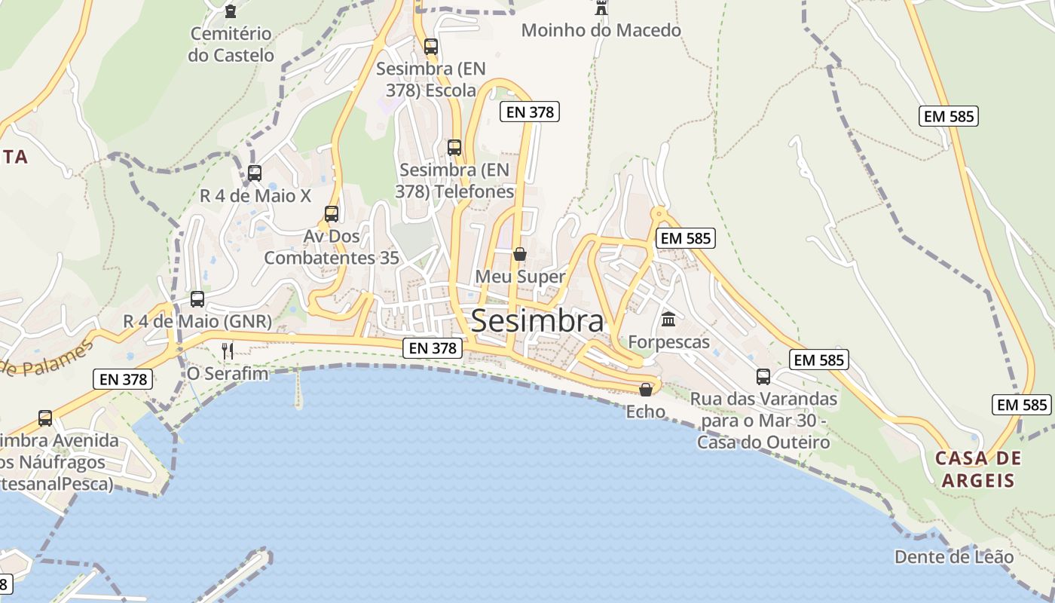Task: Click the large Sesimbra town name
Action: [x=537, y=322]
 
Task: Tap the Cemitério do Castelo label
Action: [x=231, y=44]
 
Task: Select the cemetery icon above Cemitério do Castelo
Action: [x=231, y=11]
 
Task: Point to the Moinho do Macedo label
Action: [x=601, y=31]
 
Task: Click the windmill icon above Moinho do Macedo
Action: [x=601, y=8]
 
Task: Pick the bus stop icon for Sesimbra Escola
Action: [x=431, y=47]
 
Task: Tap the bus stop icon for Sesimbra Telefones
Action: [x=454, y=148]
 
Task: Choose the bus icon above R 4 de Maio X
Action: [x=255, y=173]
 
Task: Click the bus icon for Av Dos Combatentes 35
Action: [x=332, y=214]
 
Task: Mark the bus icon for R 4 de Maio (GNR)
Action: [x=197, y=299]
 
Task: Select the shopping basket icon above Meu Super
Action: [x=520, y=254]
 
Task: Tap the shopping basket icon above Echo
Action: [x=646, y=390]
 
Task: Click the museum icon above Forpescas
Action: [x=668, y=320]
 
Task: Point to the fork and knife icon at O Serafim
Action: [x=228, y=350]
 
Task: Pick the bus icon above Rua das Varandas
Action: [x=763, y=377]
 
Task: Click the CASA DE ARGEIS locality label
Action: [x=978, y=470]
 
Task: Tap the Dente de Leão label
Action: [x=954, y=557]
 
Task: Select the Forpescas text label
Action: [x=669, y=342]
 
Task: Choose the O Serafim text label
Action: [x=228, y=373]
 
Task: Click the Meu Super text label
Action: [x=520, y=277]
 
